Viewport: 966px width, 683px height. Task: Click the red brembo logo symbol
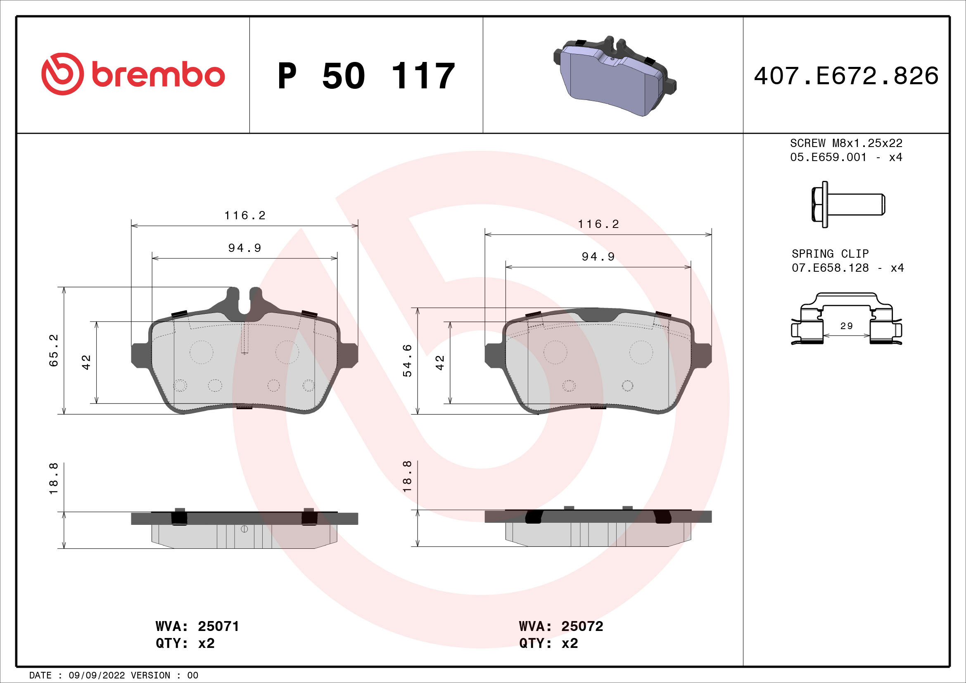coord(62,74)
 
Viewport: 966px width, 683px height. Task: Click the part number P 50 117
coord(366,76)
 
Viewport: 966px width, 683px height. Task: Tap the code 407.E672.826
coord(846,76)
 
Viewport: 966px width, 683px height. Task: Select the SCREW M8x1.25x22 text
coord(846,143)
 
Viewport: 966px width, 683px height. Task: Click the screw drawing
coord(848,205)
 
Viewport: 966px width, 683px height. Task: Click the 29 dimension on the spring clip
coord(846,326)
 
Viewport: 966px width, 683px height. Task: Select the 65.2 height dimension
coord(54,350)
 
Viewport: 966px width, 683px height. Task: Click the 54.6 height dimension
coord(407,360)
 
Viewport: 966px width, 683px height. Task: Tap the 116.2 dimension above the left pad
coord(245,216)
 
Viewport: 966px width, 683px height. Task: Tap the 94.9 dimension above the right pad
coord(598,256)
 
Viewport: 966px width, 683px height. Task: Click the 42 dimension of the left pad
coord(86,362)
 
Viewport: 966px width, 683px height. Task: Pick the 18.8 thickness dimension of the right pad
coord(407,477)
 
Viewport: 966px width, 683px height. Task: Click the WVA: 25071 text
coord(197,626)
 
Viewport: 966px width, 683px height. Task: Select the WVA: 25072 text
coord(561,626)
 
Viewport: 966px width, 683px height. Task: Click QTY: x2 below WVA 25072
coord(548,643)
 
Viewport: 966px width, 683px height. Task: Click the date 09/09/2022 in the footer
coord(97,676)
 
